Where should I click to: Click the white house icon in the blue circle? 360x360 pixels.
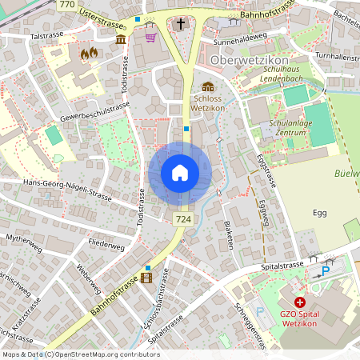click(x=180, y=173)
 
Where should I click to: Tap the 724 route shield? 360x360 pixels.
click(x=182, y=218)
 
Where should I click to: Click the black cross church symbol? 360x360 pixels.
click(x=181, y=24)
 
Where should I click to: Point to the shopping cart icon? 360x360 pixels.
click(x=150, y=35)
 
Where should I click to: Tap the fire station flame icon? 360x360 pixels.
click(x=88, y=54)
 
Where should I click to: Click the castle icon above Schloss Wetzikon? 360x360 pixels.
click(x=208, y=87)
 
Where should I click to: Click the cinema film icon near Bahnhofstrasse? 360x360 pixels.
click(x=146, y=278)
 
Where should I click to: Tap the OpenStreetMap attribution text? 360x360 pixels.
click(x=80, y=354)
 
